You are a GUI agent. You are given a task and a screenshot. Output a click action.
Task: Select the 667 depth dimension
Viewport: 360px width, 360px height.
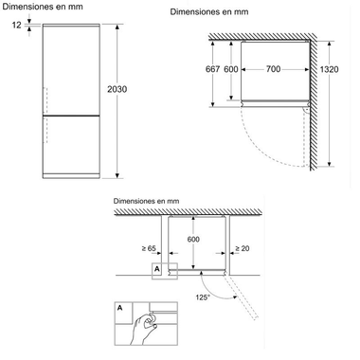pos(212,71)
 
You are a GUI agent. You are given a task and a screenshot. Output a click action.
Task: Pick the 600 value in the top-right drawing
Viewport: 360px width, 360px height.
pos(229,71)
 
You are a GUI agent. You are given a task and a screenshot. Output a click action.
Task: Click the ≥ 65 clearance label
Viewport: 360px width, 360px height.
pos(149,249)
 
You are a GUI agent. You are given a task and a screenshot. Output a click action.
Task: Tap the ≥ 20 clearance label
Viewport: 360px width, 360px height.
pos(245,249)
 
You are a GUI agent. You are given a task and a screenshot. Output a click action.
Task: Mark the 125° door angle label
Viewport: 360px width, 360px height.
pos(202,297)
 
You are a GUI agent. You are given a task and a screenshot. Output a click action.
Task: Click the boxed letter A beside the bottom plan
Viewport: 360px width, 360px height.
pos(155,268)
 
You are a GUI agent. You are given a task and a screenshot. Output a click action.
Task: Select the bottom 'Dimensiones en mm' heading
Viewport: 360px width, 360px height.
pos(146,201)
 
